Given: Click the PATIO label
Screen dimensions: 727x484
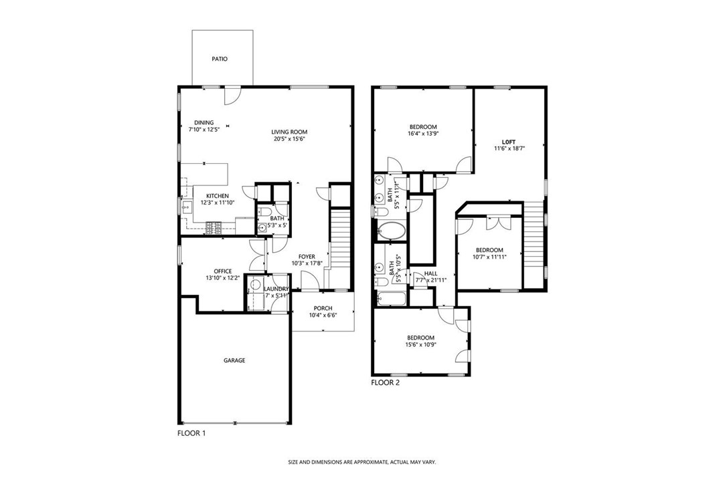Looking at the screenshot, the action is click(220, 59).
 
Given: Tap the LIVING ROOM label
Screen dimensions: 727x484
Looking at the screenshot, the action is click(289, 132).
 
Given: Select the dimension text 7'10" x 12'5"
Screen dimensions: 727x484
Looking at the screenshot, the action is click(204, 130).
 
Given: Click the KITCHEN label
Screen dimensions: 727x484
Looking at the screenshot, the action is click(218, 196).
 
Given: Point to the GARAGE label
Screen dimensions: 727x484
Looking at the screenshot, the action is click(234, 360).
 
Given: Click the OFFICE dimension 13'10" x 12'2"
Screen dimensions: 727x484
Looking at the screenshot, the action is click(222, 278).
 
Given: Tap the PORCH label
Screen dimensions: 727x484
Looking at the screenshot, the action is click(323, 308).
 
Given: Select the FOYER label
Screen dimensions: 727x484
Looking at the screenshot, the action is click(307, 257).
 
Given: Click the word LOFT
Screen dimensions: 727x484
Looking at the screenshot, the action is click(509, 142).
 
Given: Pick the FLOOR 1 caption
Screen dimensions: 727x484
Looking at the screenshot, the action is click(191, 433).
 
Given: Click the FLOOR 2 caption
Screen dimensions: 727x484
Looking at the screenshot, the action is click(386, 383).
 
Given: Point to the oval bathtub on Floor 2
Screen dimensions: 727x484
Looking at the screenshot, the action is click(392, 231).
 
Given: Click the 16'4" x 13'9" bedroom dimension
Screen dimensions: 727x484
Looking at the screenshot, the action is click(423, 134).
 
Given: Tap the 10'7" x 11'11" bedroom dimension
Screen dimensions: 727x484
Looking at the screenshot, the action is click(489, 257).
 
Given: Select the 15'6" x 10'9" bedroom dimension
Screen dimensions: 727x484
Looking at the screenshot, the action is click(421, 344).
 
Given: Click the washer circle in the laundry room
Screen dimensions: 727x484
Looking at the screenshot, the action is click(254, 284).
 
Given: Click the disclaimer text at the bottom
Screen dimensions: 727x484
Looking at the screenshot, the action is click(362, 462).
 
